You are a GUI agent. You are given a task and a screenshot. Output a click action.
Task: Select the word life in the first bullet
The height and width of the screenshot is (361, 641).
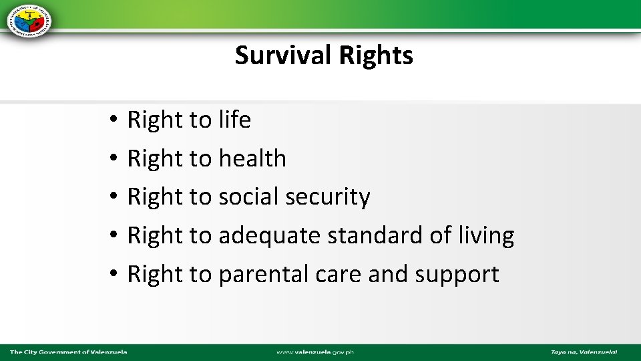234,120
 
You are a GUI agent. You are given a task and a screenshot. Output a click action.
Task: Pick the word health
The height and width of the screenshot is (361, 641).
252,158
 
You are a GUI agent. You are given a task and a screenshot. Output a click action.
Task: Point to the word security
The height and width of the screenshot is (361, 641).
327,197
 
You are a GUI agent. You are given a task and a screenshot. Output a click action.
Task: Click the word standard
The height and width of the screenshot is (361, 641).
354,235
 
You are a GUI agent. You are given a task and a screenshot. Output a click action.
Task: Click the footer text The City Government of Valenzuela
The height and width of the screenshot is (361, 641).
68,352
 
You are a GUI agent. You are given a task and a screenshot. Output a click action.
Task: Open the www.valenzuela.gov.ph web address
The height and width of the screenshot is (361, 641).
315,352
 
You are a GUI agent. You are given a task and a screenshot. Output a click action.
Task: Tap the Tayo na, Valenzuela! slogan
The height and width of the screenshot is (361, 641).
584,352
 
